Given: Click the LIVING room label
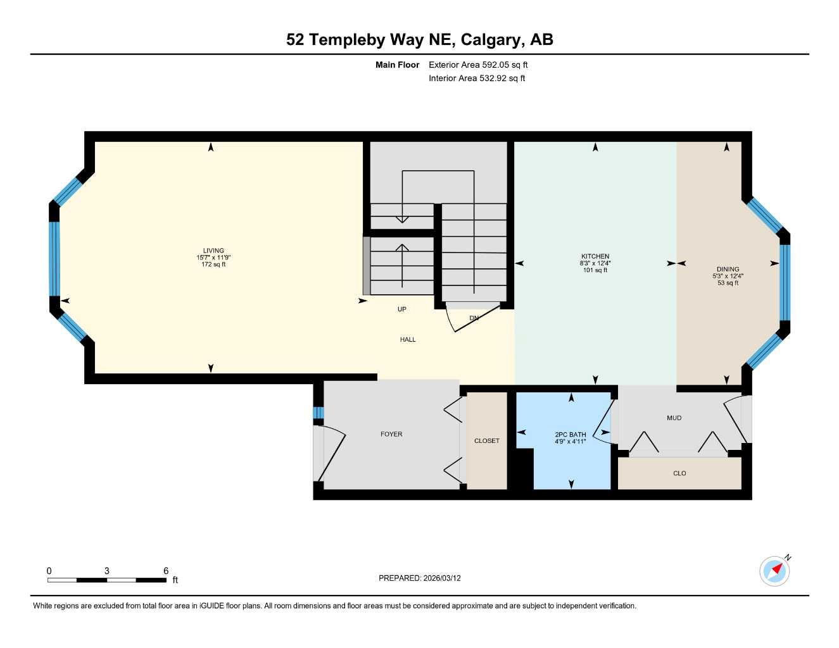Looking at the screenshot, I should click(213, 251).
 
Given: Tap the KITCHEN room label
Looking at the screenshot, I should click(595, 256).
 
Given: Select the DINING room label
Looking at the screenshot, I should click(728, 269).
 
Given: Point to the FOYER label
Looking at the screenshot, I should click(391, 434).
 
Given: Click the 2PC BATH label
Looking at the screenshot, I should click(571, 435).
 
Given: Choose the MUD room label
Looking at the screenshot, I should click(674, 418).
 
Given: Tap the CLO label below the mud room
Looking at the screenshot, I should click(679, 473).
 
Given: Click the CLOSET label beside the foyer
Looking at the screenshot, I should click(486, 440).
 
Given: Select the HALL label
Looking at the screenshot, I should click(408, 340).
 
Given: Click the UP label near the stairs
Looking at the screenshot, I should click(402, 309).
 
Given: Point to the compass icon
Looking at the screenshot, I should click(774, 571).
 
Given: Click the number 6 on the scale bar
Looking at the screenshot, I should click(166, 571).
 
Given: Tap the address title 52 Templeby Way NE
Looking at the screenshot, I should click(419, 39).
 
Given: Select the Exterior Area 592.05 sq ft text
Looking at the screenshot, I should click(478, 65).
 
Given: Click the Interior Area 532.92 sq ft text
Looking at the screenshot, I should click(477, 78).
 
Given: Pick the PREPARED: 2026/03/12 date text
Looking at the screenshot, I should click(420, 578).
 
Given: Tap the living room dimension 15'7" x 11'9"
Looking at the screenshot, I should click(213, 258).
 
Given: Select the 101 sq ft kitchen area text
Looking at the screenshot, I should click(595, 270).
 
